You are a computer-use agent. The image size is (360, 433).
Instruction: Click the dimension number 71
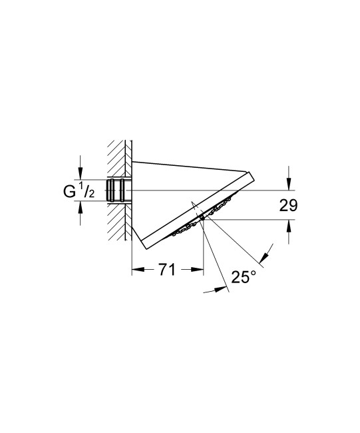[x=166, y=270]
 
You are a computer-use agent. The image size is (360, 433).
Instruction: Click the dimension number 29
[x=287, y=206]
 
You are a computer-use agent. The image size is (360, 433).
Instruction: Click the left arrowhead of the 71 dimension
[x=136, y=270]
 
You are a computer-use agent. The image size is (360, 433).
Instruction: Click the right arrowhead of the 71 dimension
[x=198, y=270]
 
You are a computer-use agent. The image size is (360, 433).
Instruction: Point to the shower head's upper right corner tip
[x=254, y=176]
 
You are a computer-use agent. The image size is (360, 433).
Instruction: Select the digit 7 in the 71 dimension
[x=162, y=270]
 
